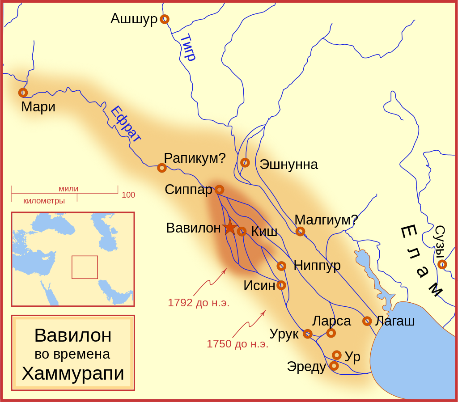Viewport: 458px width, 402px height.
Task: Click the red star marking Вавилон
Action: pos(230,227)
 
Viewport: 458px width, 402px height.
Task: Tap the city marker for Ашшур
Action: pos(165,19)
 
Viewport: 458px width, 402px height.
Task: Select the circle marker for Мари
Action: pos(23,93)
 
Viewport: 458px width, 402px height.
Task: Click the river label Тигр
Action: pos(188,47)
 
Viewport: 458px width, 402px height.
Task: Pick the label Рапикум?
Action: pos(195,158)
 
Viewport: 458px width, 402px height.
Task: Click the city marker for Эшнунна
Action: pos(245,162)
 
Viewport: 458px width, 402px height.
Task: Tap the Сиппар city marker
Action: pos(219,190)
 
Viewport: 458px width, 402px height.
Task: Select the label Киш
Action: pos(264,232)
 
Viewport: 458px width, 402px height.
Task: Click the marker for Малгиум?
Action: pos(300,231)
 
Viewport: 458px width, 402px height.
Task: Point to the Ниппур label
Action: pos(317,266)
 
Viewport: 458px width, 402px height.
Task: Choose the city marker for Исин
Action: pos(281,285)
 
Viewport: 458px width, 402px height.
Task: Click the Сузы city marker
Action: pos(442,264)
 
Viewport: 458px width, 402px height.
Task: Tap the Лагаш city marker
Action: pos(367,321)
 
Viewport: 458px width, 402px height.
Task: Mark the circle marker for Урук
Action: pos(307,334)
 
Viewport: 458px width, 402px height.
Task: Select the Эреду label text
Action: pos(306,367)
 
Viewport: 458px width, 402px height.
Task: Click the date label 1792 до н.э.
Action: pos(199,303)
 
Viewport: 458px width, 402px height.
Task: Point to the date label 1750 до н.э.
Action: pos(237,344)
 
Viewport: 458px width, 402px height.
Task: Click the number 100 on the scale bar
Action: pos(128,195)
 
